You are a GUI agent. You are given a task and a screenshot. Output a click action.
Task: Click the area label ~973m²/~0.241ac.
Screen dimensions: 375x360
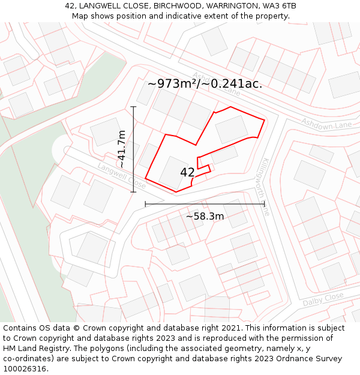coord(205,84)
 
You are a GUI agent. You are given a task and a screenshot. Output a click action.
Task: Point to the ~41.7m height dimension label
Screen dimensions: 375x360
coord(122,149)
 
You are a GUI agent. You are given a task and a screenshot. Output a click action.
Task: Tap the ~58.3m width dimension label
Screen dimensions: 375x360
coord(205,216)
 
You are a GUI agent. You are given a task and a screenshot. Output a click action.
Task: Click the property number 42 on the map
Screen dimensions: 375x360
coord(187,173)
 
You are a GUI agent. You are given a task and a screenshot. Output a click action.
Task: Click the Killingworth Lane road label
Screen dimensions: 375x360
coord(266,187)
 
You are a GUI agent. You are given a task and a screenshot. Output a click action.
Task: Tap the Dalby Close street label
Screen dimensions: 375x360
coord(323,299)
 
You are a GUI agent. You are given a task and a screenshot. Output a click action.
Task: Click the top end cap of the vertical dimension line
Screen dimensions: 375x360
coord(133,107)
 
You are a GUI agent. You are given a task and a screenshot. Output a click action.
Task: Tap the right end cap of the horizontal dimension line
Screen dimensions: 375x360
coord(265,204)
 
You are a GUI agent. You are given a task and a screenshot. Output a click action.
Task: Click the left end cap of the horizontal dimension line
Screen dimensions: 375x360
coord(145,204)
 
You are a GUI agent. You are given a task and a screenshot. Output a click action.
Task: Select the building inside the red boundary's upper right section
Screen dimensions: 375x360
coord(232,129)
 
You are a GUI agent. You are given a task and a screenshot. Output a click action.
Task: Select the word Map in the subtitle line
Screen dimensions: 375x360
coord(80,16)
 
